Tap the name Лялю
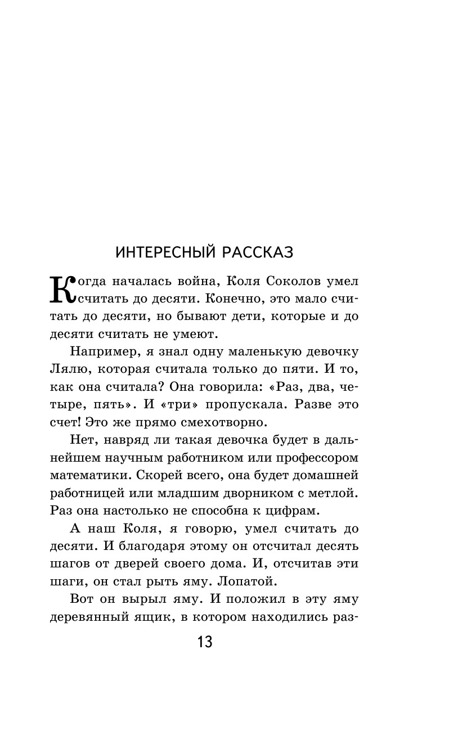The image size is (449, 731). pyautogui.click(x=66, y=369)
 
